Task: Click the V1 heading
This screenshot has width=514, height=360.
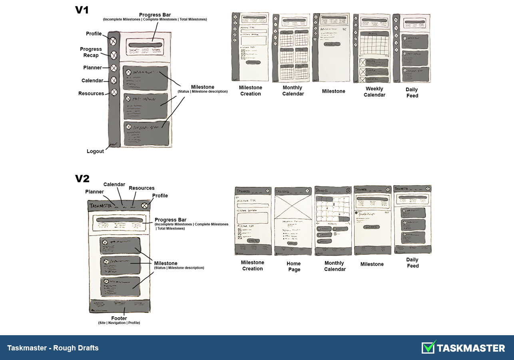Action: pyautogui.click(x=82, y=10)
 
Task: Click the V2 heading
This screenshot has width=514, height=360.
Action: pyautogui.click(x=82, y=179)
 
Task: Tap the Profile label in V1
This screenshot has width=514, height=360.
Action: pyautogui.click(x=94, y=34)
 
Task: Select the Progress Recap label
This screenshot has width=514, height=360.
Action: pyautogui.click(x=91, y=52)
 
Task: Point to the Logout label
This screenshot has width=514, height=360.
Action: pyautogui.click(x=95, y=151)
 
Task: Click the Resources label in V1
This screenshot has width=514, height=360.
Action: pyautogui.click(x=91, y=94)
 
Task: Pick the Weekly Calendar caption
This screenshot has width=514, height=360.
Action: pyautogui.click(x=375, y=92)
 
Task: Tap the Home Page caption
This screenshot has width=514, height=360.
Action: pyautogui.click(x=293, y=266)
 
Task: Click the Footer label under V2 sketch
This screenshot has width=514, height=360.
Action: pyautogui.click(x=119, y=318)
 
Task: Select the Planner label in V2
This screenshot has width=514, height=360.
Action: pyautogui.click(x=94, y=192)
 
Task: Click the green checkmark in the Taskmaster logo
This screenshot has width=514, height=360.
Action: pyautogui.click(x=429, y=347)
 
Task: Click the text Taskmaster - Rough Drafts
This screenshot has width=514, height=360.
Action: pyautogui.click(x=53, y=348)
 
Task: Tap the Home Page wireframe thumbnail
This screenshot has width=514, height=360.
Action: pyautogui.click(x=293, y=221)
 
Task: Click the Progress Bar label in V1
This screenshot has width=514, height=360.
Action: pyautogui.click(x=155, y=15)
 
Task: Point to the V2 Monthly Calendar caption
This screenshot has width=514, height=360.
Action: pyautogui.click(x=335, y=266)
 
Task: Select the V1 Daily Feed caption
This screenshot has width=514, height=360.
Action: pyautogui.click(x=412, y=92)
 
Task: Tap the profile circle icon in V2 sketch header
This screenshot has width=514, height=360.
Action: pyautogui.click(x=144, y=206)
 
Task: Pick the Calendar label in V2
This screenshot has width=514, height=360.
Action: pyautogui.click(x=114, y=184)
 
